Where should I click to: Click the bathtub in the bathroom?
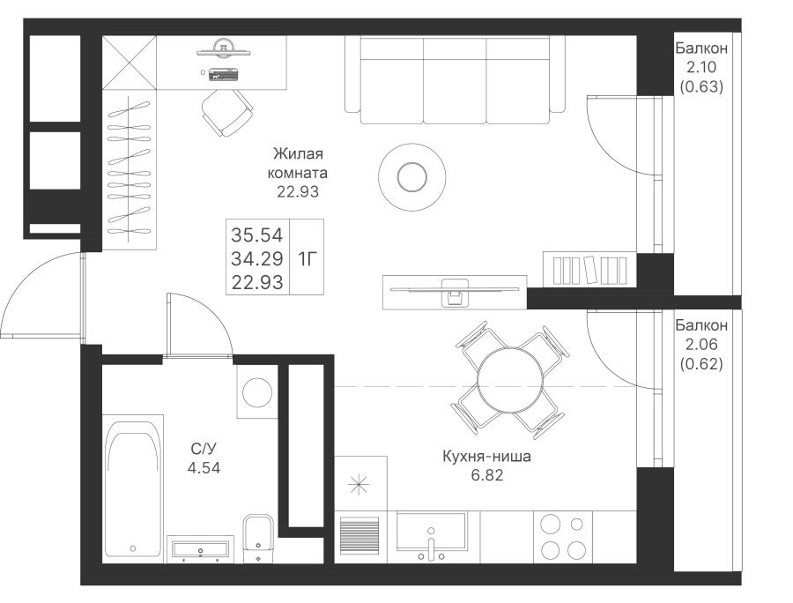[133, 488]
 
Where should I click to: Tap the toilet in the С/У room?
[258, 539]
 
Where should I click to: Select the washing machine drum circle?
[257, 392]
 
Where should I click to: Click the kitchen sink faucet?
[431, 546]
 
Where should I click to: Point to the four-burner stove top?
[563, 536]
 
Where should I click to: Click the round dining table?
[511, 379]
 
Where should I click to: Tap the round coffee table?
[411, 177]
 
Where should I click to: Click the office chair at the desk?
[227, 113]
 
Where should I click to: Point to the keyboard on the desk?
[224, 74]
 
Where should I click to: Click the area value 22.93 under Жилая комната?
[298, 192]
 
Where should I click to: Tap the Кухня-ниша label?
[486, 457]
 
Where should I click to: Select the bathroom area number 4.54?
[204, 468]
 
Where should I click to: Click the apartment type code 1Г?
[307, 259]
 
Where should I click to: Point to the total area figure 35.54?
[257, 235]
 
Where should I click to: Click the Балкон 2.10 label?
[701, 57]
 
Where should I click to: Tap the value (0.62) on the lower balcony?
[701, 364]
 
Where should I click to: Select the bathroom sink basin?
[200, 550]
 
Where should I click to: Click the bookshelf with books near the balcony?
[589, 269]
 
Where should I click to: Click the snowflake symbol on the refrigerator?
[359, 484]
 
